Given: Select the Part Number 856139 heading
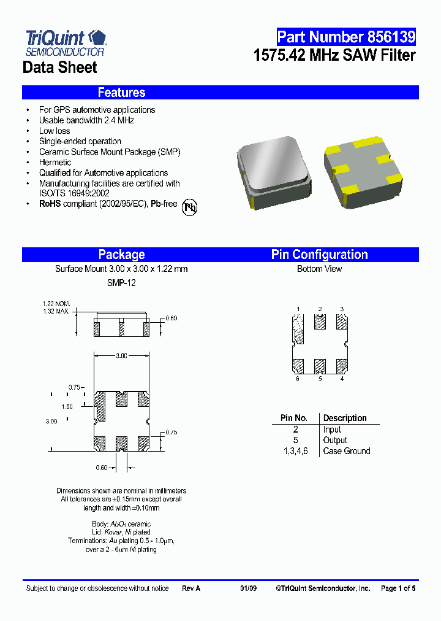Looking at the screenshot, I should point(346,37).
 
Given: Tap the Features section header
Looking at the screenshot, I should point(121,93).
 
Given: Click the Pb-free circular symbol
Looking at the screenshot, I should point(190,207).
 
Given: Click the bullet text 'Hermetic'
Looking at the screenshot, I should point(55,163).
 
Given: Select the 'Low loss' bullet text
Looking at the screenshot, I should point(55,131).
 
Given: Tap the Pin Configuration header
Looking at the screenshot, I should point(319,255).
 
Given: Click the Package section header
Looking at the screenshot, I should point(121,255).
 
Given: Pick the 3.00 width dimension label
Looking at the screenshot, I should point(121,356).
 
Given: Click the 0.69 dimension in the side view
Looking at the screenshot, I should point(171,318).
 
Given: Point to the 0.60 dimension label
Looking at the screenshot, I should point(102,468).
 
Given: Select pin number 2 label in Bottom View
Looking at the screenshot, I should point(320,309).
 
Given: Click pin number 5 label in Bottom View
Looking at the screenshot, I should point(320,379).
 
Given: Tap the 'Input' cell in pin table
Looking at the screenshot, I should point(332,430).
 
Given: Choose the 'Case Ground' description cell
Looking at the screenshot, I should point(347,451).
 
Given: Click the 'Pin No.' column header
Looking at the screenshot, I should point(293,418).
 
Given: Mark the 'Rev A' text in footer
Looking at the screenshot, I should point(191,588).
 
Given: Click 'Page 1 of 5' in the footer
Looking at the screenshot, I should point(398,588).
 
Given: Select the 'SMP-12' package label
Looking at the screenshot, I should point(121,283).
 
